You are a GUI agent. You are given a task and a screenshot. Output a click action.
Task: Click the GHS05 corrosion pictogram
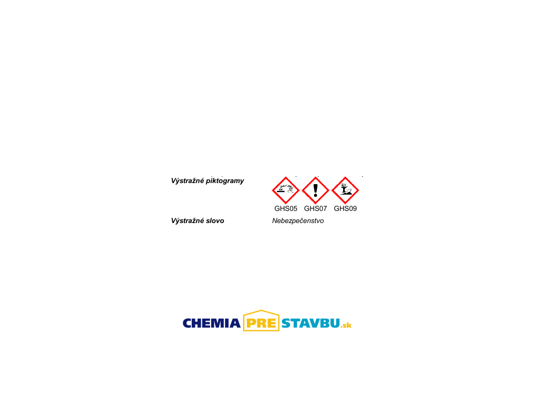tap(285, 190)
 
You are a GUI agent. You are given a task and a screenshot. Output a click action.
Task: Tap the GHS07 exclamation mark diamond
tap(315, 190)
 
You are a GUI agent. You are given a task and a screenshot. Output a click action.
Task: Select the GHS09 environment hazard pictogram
tap(345, 190)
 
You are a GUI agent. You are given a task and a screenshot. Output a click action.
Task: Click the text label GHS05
tap(286, 208)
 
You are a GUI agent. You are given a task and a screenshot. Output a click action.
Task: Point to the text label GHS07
tap(315, 208)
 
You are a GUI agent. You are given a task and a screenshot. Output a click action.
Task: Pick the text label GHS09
tap(345, 208)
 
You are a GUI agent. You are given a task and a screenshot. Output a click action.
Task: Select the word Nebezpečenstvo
tap(298, 221)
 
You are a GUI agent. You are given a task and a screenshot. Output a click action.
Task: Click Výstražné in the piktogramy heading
tap(188, 181)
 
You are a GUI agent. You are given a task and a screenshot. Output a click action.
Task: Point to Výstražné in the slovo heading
tap(188, 220)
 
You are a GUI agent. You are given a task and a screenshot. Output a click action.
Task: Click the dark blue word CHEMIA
tap(212, 324)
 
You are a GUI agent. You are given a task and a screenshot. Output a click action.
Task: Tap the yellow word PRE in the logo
tap(261, 324)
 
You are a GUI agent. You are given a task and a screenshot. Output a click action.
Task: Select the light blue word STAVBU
tap(311, 324)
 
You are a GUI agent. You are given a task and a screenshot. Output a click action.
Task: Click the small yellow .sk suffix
tap(346, 325)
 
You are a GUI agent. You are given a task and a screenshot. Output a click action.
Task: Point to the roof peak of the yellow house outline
tap(261, 310)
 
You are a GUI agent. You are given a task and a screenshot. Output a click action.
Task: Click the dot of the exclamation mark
tap(315, 195)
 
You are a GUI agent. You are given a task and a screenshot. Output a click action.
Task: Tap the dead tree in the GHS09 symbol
tap(344, 188)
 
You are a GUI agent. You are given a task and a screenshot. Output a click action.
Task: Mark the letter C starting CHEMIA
tap(188, 324)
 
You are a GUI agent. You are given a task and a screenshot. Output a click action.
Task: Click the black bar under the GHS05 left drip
tap(281, 191)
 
